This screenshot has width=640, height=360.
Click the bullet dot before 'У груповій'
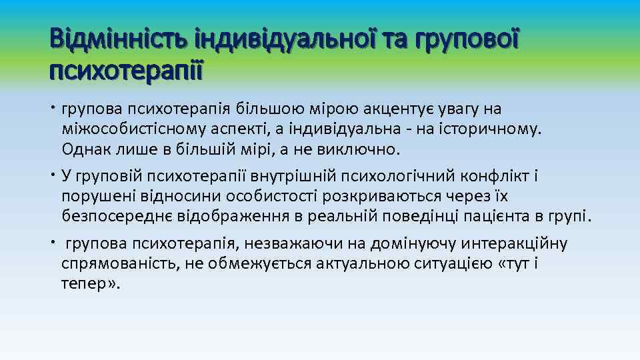(x=52, y=176)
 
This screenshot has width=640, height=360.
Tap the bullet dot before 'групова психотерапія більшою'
(x=52, y=108)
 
